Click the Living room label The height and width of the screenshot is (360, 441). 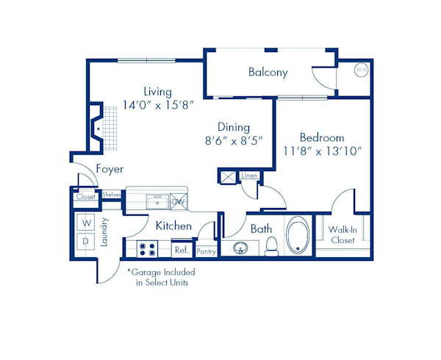click(157, 92)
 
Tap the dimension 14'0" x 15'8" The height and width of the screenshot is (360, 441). click(157, 105)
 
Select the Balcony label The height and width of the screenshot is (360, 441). click(268, 72)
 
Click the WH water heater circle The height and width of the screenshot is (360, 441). click(361, 70)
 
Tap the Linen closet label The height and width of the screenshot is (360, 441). click(249, 176)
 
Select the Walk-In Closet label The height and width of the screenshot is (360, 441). click(343, 234)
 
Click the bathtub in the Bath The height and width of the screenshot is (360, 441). click(297, 237)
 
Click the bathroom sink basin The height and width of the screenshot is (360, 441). click(240, 248)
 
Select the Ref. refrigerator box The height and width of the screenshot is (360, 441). click(181, 250)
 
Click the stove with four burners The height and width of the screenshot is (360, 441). click(147, 249)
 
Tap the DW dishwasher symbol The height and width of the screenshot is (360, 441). click(177, 200)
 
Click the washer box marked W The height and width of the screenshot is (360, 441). click(85, 222)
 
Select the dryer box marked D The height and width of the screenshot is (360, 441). click(85, 241)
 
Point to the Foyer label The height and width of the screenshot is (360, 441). click(110, 169)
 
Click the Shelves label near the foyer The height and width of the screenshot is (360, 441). click(111, 195)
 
